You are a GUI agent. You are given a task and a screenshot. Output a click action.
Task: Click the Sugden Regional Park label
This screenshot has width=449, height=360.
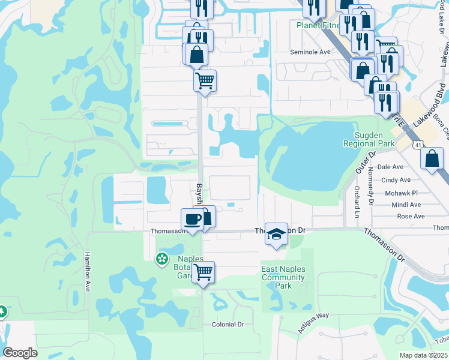pos(369,139)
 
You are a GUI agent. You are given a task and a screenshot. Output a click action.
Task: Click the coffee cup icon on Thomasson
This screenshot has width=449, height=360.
pos(192,220)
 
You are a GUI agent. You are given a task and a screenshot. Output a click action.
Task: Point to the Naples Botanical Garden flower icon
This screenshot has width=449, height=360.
pos(161,259)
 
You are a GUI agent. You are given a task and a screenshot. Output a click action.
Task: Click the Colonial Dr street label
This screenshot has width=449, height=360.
pos(228,324)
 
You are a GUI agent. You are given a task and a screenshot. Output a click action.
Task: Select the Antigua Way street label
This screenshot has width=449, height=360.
pos(314,323)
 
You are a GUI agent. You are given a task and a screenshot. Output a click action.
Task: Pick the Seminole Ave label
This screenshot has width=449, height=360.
pos(310,52)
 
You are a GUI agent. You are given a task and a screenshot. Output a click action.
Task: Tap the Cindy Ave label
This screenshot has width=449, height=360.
pos(396,179)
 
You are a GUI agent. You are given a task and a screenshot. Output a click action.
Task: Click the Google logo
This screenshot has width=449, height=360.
pos(20,352)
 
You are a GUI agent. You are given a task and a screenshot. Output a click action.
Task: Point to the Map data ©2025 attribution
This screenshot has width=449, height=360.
pos(423,355)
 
